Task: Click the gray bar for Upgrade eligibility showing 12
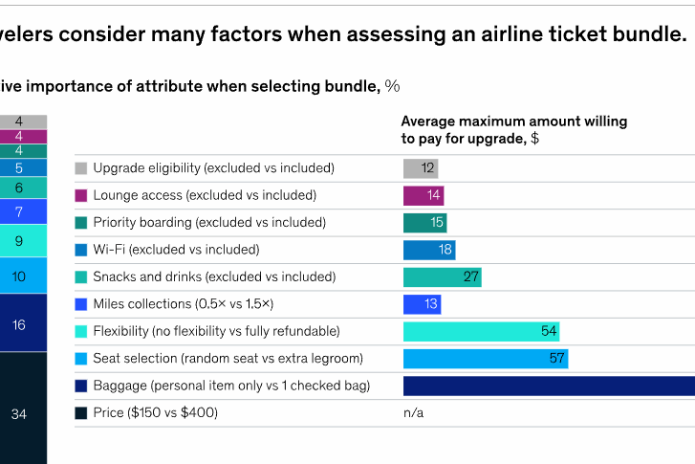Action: coord(421,168)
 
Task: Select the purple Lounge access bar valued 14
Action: coord(424,195)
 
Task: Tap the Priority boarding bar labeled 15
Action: coord(424,223)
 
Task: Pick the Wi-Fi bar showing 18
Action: coord(429,250)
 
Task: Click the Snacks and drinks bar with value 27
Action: coord(442,277)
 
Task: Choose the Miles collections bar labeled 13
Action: coord(422,304)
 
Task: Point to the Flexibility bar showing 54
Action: coord(481,332)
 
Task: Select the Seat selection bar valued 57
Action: coord(486,359)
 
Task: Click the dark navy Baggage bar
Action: coord(549,387)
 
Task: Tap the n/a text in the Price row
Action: coord(413,413)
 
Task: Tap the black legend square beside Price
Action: coord(81,413)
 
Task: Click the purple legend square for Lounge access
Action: coord(81,195)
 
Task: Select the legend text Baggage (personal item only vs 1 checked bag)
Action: coord(231,387)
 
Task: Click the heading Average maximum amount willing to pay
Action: coord(513,129)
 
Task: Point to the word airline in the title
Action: coord(458,35)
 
